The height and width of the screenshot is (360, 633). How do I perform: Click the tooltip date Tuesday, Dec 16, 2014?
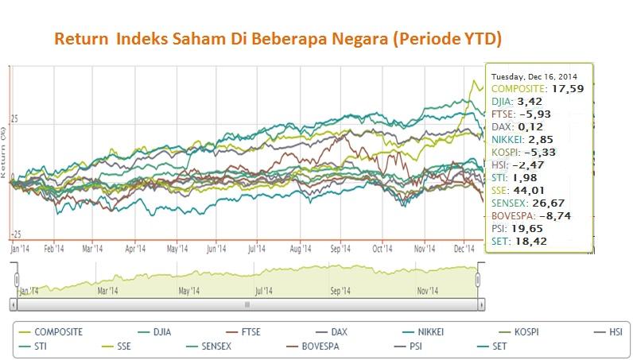coord(538,76)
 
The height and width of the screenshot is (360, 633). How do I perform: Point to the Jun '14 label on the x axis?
coord(217,248)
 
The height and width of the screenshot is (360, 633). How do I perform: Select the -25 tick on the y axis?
coord(14,234)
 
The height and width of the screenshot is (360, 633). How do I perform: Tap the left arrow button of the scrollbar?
coord(15,303)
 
